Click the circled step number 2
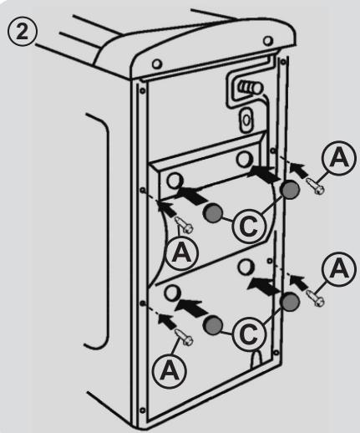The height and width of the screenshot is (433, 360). [x=22, y=32]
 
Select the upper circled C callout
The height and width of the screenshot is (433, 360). [x=249, y=226]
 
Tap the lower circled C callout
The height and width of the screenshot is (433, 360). [x=249, y=334]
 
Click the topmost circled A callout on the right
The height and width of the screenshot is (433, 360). [x=339, y=157]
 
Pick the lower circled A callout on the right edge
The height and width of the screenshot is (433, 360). [x=339, y=269]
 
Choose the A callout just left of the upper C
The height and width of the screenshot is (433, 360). [x=181, y=253]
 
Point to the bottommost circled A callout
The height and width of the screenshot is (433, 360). [x=170, y=370]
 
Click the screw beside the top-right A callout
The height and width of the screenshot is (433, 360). [x=316, y=186]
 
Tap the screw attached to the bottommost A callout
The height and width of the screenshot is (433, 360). [x=184, y=338]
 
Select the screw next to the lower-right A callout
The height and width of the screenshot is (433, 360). [x=316, y=298]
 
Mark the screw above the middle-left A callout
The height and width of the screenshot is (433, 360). [x=184, y=225]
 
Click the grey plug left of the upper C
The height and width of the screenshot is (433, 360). [x=213, y=213]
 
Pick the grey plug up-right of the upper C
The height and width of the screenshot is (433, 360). [x=290, y=190]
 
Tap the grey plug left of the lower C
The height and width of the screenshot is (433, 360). [x=213, y=325]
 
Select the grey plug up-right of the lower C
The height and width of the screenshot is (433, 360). [x=290, y=302]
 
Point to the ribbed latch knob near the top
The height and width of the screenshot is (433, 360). [x=251, y=88]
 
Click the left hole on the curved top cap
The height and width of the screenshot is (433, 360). [x=157, y=64]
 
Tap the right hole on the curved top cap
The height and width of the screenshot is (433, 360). [x=268, y=41]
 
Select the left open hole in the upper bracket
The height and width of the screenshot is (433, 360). [x=175, y=181]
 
